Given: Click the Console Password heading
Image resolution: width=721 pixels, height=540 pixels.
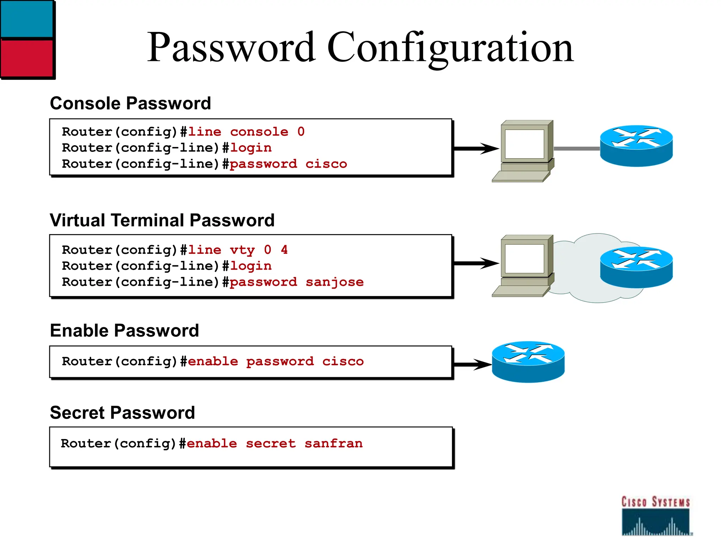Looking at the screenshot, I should click(130, 103).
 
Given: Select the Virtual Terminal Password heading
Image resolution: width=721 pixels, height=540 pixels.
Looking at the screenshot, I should click(162, 220).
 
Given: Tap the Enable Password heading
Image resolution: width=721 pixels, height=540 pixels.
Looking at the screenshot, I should click(124, 330).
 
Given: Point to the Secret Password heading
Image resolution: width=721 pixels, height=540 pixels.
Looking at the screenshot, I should click(122, 412).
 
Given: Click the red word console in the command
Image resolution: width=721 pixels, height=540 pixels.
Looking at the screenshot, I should click(259, 132).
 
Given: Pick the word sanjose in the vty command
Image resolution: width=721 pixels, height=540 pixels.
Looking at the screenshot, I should click(334, 282).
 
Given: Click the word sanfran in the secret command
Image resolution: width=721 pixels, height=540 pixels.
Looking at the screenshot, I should click(333, 443).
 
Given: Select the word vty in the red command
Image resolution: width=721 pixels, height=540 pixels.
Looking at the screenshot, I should click(242, 250).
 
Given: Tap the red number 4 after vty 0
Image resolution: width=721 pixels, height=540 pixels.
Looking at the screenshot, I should click(284, 250).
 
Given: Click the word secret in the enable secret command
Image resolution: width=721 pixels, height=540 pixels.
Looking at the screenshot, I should click(271, 443).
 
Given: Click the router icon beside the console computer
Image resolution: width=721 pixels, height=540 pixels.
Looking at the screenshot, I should click(636, 146).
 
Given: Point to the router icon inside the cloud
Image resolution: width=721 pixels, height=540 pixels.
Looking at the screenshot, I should click(636, 267).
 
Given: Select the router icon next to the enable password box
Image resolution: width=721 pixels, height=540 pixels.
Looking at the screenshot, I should click(528, 362).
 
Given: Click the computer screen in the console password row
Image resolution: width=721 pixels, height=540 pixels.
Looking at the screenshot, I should click(525, 144).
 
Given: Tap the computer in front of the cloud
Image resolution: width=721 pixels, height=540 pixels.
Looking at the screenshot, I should click(524, 265).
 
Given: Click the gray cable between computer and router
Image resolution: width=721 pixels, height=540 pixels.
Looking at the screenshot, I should click(577, 149).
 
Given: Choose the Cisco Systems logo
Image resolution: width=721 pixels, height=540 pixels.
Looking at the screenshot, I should click(656, 515).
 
